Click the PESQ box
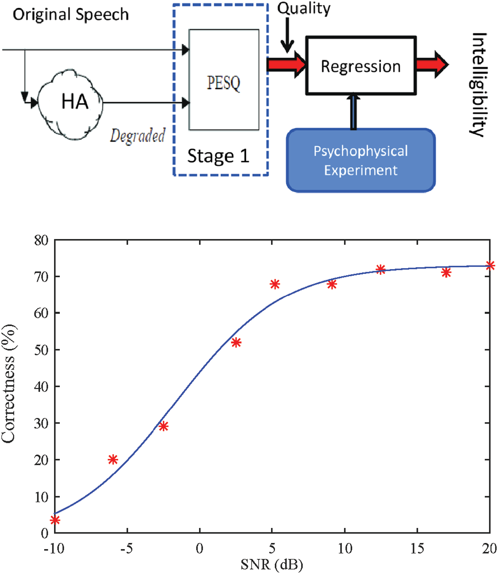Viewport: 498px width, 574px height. point(224,80)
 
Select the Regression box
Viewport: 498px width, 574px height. point(361,66)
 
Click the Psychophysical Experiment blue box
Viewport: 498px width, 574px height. point(361,160)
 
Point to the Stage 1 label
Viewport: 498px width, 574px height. point(218,156)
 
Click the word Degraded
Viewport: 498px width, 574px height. point(137,136)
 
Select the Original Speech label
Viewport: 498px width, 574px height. point(71,15)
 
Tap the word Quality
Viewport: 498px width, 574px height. point(304,8)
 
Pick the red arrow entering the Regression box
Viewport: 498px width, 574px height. point(286,64)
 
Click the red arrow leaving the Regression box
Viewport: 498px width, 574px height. point(432,64)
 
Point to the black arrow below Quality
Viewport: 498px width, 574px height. point(287,34)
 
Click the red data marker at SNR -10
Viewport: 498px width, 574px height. point(55,520)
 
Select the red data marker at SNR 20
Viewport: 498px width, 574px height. point(490,265)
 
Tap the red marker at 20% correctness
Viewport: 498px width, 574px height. point(113,460)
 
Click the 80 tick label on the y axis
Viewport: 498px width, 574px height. point(41,240)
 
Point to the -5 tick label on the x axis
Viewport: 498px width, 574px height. point(127,549)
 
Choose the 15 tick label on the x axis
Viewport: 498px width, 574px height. point(417,549)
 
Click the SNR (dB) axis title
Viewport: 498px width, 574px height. point(272,564)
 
